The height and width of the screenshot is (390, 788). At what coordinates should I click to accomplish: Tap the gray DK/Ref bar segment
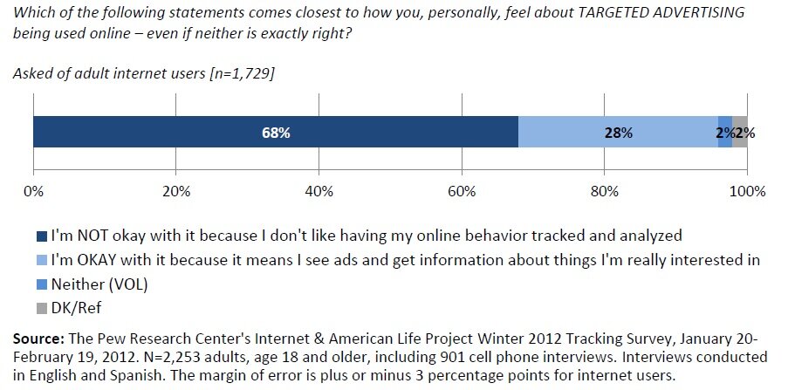[x=740, y=133]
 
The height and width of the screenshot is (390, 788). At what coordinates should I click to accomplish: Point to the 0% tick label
[x=33, y=191]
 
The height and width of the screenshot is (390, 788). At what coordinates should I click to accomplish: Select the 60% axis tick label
[x=462, y=191]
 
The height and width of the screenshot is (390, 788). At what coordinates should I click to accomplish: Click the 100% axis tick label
[x=747, y=191]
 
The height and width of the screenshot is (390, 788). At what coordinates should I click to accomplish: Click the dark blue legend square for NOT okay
[x=42, y=236]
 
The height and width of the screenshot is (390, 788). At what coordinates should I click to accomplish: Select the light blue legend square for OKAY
[x=42, y=260]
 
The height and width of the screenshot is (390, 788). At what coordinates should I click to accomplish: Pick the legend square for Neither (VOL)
[x=42, y=283]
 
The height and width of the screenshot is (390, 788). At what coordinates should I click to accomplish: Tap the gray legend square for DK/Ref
[x=42, y=307]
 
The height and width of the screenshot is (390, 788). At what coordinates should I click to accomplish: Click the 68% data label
[x=275, y=133]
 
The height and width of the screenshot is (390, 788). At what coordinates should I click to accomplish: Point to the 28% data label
[x=618, y=133]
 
